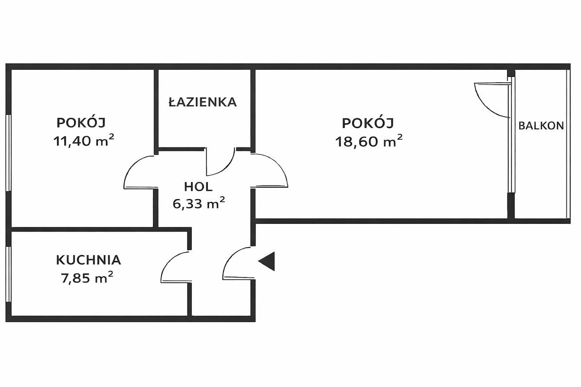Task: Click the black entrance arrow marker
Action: coord(268,261)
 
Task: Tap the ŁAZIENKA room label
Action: coord(202,102)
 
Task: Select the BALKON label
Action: coord(541,126)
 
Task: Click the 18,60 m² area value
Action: coord(369,141)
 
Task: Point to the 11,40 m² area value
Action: coord(84,141)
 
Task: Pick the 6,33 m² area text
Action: coord(199,203)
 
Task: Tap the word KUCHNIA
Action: coord(88,260)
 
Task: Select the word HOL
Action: coord(198,186)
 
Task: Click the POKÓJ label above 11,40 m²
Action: coord(81,122)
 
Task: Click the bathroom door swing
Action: coord(220,163)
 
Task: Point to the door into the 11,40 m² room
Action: coord(139,172)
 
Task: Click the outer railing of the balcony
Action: coord(568,144)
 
